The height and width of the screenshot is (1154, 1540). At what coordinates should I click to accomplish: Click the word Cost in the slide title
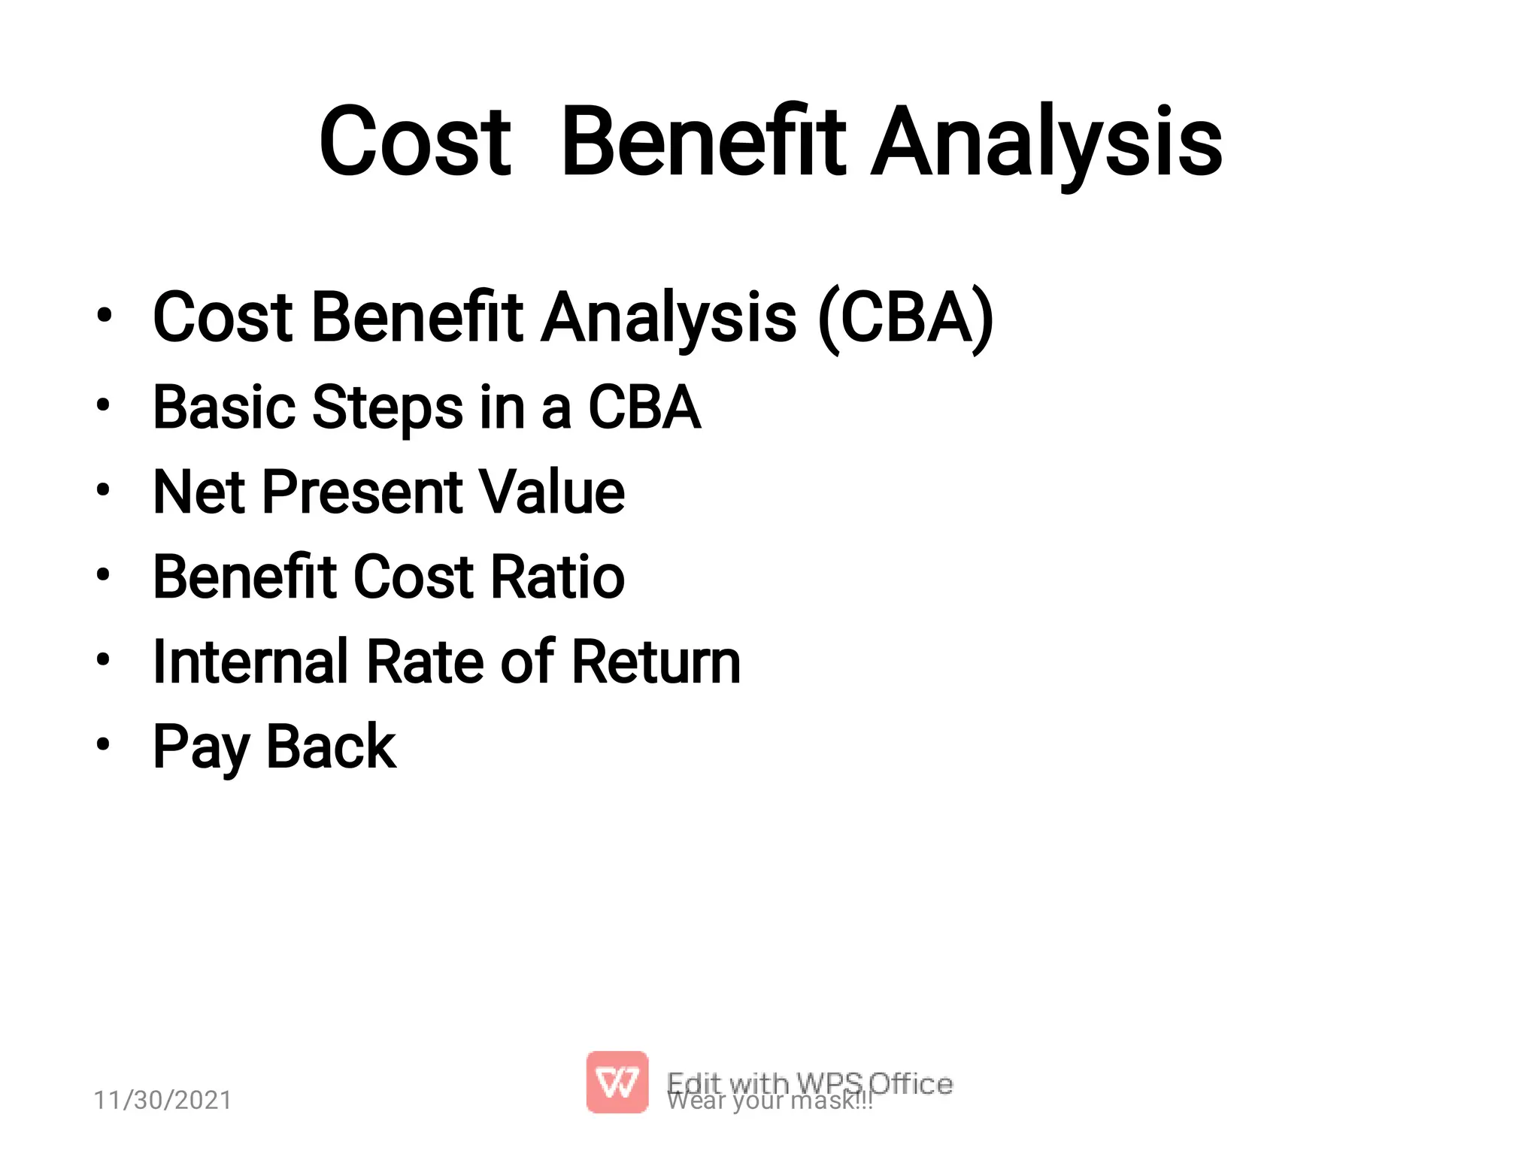click(x=415, y=143)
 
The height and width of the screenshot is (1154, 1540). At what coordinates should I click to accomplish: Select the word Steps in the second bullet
click(x=387, y=408)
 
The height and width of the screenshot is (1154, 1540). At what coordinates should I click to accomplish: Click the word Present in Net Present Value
click(x=362, y=492)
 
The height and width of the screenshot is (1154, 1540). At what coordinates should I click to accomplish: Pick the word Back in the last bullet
click(x=331, y=747)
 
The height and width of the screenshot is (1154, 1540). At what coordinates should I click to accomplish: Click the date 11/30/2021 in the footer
click(x=162, y=1100)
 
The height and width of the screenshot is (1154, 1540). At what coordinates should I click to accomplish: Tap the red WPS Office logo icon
click(x=617, y=1082)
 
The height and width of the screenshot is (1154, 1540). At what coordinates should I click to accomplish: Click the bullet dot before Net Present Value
click(x=104, y=491)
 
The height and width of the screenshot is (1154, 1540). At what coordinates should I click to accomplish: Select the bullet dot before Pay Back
click(x=104, y=745)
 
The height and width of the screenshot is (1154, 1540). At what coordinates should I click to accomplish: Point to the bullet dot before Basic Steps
click(x=104, y=406)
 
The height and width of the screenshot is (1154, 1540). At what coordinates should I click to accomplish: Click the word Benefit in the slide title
click(x=704, y=143)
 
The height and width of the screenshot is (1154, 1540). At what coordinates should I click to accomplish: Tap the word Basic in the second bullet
click(x=224, y=408)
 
